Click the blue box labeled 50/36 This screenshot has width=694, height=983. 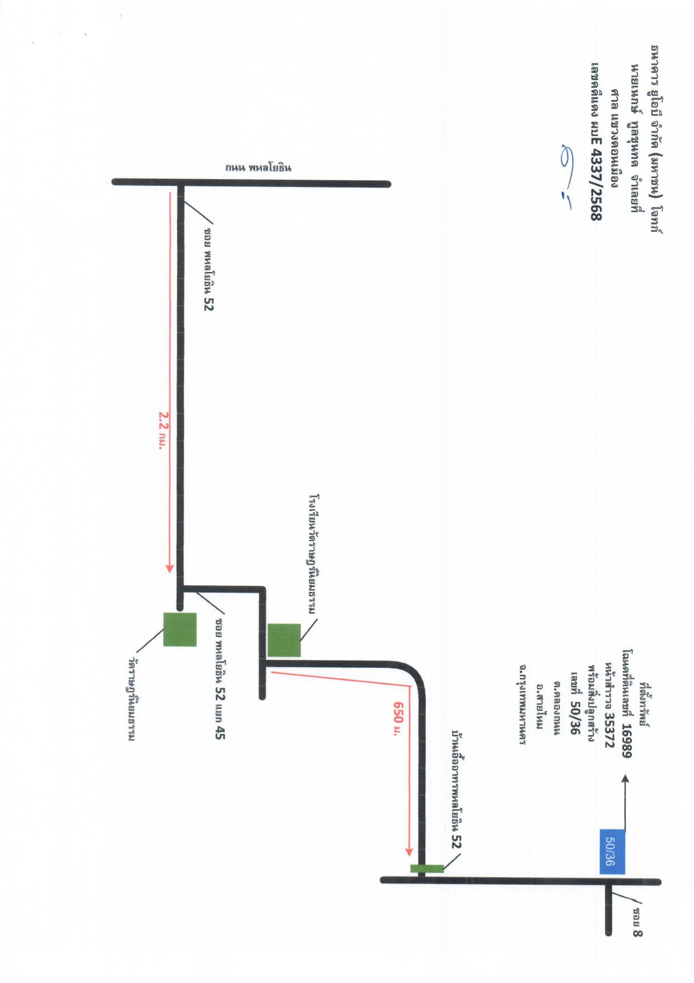(612, 851)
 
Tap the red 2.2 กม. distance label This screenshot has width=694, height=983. (163, 430)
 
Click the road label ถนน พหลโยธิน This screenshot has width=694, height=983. (258, 167)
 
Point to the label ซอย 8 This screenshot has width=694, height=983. (637, 923)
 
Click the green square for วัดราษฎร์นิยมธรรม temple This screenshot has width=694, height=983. (180, 630)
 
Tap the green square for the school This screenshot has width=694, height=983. (284, 640)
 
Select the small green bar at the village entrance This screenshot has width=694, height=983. (427, 869)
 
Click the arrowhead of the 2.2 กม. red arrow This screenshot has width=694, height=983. (170, 569)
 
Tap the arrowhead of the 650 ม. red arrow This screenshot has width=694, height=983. (409, 852)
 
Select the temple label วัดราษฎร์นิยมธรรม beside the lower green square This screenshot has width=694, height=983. (132, 700)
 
